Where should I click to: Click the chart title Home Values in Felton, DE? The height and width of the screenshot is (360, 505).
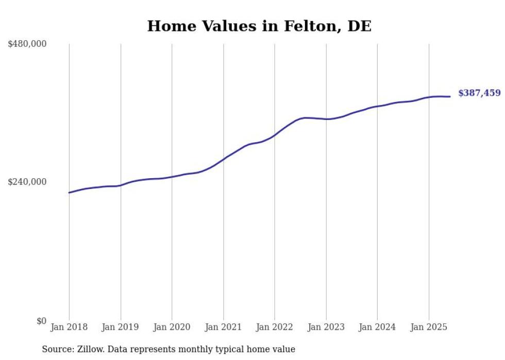coord(259,26)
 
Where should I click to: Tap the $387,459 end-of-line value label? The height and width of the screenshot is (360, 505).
coord(479,93)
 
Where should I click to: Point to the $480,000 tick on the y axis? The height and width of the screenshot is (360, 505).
coord(27,44)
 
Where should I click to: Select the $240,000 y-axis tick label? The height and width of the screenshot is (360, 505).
coord(27,182)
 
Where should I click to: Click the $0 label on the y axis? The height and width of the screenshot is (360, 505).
coord(41,321)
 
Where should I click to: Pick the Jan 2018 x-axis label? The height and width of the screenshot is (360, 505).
coord(69,327)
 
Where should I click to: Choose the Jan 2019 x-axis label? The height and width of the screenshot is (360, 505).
coord(121,327)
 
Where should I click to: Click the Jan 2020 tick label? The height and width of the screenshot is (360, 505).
coord(172,327)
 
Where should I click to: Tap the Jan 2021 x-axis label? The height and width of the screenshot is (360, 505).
coord(223,327)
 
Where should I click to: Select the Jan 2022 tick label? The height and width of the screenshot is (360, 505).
coord(275,327)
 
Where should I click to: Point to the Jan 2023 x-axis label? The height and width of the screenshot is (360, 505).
coord(326,327)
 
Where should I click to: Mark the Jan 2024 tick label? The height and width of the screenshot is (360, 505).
coord(377,327)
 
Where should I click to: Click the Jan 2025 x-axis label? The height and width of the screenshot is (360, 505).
coord(429,327)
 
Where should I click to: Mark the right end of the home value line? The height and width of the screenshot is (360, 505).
coord(450,96)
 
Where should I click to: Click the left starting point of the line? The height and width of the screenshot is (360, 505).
coord(69,193)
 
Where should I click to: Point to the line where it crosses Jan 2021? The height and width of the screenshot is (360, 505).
coord(223,159)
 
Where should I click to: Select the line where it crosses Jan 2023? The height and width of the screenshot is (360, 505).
coord(326,119)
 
